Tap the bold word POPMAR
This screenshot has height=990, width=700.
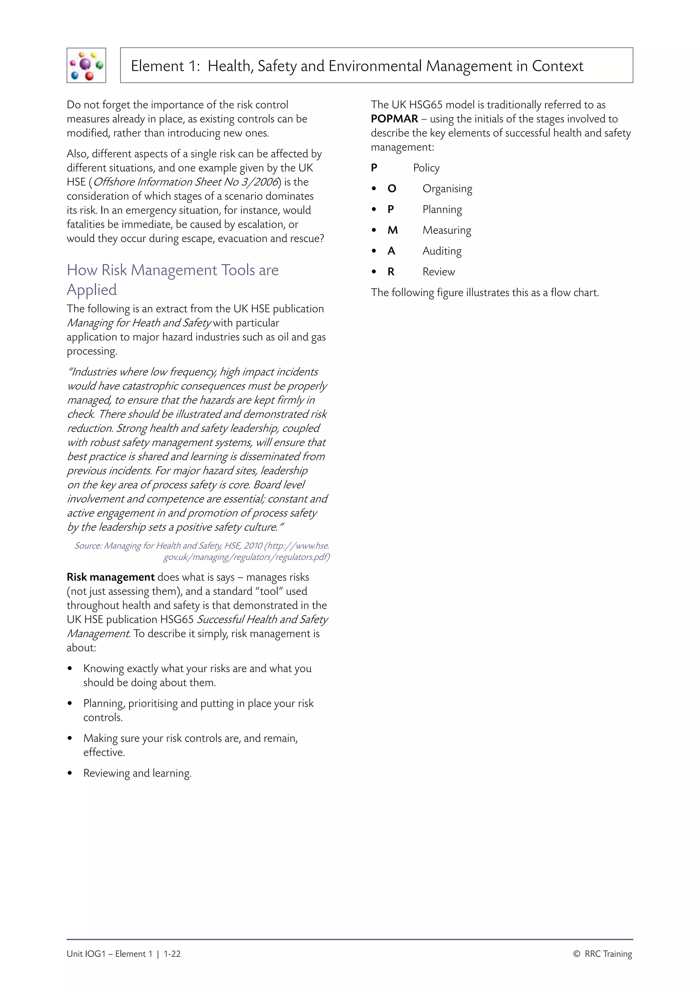pyautogui.click(x=394, y=119)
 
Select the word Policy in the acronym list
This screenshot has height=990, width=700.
pyautogui.click(x=426, y=168)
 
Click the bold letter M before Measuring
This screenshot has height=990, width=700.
pyautogui.click(x=392, y=230)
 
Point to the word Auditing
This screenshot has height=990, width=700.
pyautogui.click(x=442, y=251)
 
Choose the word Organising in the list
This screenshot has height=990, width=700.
pyautogui.click(x=447, y=189)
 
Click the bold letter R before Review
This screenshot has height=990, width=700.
pyautogui.click(x=391, y=272)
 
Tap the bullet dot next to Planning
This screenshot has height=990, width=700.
pyautogui.click(x=374, y=210)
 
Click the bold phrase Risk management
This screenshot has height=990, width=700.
pyautogui.click(x=110, y=577)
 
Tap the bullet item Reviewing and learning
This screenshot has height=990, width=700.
pyautogui.click(x=137, y=773)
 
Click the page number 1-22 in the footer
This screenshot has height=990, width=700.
pyautogui.click(x=172, y=954)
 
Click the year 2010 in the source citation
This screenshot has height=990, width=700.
pyautogui.click(x=253, y=546)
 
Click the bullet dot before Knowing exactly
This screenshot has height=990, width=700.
pyautogui.click(x=70, y=669)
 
